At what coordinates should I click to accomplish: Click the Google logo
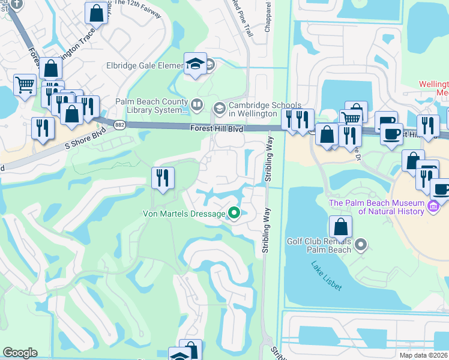coord(20,353)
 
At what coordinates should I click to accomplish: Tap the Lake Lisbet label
coord(327,276)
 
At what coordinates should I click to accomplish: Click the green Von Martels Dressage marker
coord(234,213)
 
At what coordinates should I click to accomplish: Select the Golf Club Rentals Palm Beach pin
coord(361,244)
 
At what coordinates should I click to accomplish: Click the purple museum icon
coord(433,207)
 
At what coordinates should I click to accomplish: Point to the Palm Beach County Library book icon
coord(196,106)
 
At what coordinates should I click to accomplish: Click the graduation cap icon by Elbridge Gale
coord(196,63)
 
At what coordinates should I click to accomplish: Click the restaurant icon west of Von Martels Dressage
coord(163,177)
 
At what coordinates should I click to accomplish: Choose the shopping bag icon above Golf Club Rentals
coord(340,228)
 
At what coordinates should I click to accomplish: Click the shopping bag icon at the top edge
coord(96,12)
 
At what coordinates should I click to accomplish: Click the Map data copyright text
coord(424,355)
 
